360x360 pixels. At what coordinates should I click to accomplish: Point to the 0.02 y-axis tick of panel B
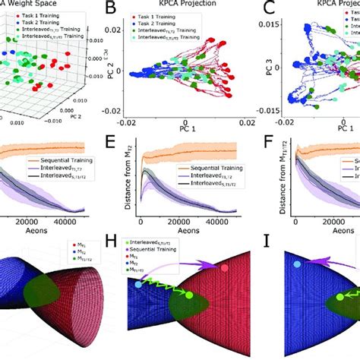tap(134, 30)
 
